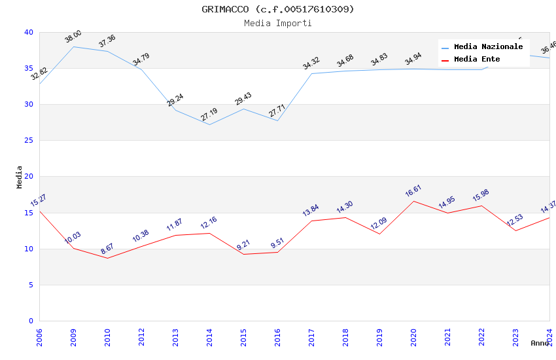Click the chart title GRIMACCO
click(x=278, y=9)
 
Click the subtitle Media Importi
click(x=278, y=23)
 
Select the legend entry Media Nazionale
click(x=488, y=47)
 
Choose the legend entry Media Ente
click(x=477, y=60)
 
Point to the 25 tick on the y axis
click(x=29, y=141)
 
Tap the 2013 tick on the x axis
click(x=175, y=334)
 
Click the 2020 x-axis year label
click(x=413, y=334)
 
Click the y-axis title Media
click(x=20, y=177)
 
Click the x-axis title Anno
click(x=540, y=343)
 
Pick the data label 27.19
click(x=209, y=115)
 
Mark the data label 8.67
click(x=107, y=249)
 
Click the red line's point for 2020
click(x=413, y=201)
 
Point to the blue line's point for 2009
click(x=73, y=46)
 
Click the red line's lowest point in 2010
click(x=107, y=258)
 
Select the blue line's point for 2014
click(x=209, y=124)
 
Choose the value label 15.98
click(x=481, y=196)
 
